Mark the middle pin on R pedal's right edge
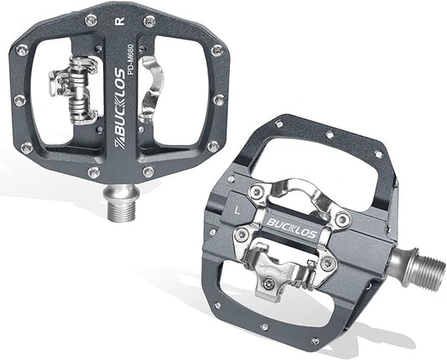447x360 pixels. [219, 100]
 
